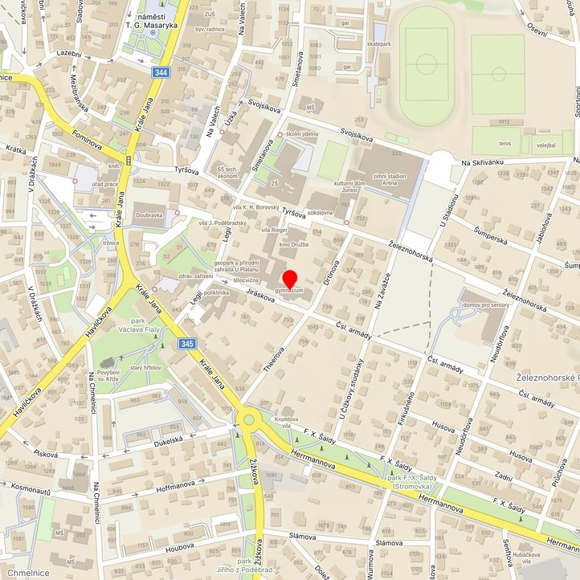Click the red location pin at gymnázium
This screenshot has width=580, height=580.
290,280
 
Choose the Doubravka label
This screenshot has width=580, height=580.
149,215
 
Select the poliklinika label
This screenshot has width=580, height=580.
217,293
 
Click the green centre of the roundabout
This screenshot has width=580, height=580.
249,418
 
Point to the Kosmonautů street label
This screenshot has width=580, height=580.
27,490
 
